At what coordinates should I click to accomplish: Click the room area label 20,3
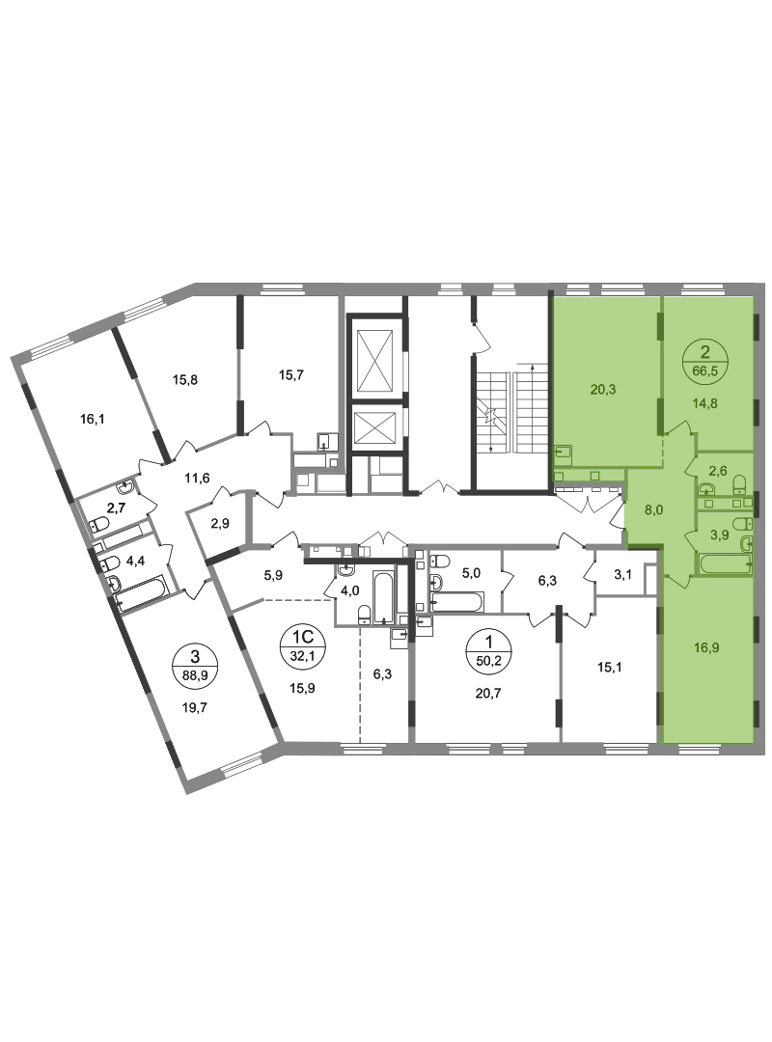(599, 391)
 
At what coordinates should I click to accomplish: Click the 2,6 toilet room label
(718, 471)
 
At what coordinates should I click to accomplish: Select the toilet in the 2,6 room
(739, 482)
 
